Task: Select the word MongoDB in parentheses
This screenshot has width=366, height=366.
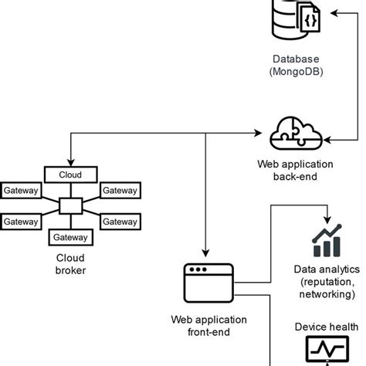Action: [x=297, y=73]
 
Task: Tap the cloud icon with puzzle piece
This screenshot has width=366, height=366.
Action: [x=297, y=134]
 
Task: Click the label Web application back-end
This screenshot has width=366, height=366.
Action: [x=297, y=171]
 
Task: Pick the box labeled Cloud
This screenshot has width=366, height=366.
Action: [x=70, y=175]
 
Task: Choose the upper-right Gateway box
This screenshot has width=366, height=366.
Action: [x=120, y=191]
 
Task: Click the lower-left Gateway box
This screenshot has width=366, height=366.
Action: [x=21, y=222]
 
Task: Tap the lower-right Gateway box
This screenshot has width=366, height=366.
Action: [x=120, y=222]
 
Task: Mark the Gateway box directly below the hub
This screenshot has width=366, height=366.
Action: [x=70, y=237]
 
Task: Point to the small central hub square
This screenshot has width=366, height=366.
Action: [x=70, y=206]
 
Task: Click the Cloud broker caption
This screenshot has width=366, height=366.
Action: [x=70, y=264]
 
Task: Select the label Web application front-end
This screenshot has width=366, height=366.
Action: [x=208, y=327]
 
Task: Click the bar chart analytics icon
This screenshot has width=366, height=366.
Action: [x=327, y=242]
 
